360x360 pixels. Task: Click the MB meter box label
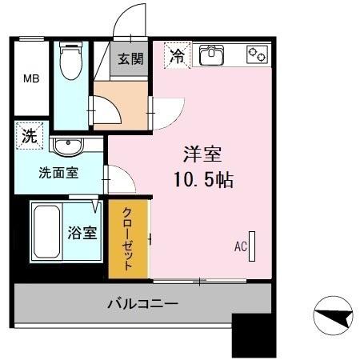click(30, 78)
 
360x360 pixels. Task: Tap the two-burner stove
click(257, 54)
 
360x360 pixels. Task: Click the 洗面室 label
click(58, 173)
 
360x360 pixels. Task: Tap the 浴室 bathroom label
click(82, 234)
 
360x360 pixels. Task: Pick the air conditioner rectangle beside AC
click(252, 247)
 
